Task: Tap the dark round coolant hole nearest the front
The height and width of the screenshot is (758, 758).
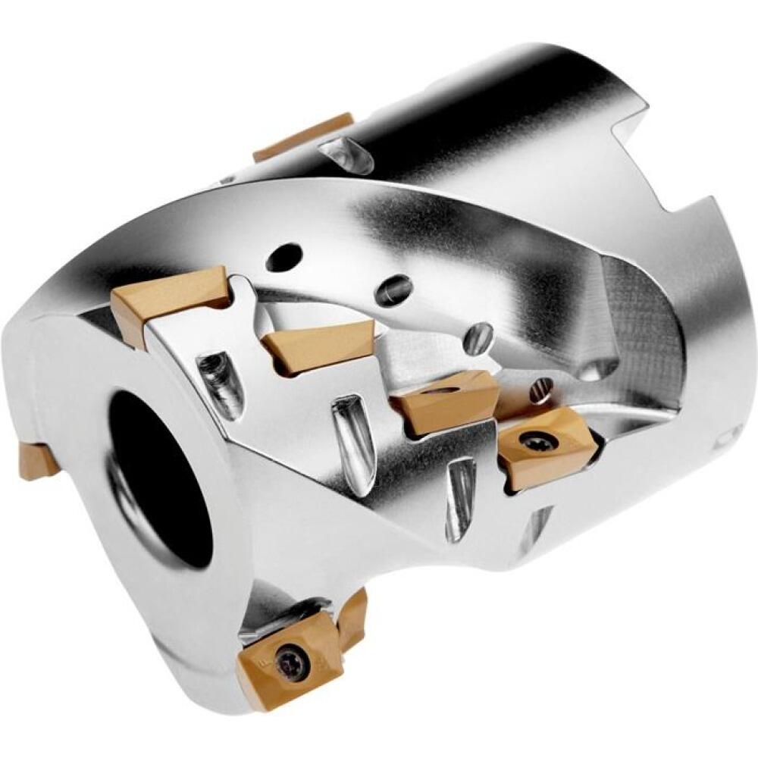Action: pos(283,256)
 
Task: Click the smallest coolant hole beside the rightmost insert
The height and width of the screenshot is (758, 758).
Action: pos(540,390)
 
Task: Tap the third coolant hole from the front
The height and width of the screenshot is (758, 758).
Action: pos(479,336)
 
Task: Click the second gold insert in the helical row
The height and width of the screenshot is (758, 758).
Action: pos(318,345)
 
